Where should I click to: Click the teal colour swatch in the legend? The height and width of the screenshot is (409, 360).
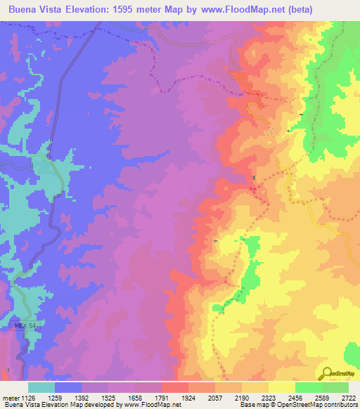coord(41,387)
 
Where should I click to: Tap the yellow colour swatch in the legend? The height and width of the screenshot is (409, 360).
coord(282,387)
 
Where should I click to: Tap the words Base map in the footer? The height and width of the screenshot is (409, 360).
coord(252,405)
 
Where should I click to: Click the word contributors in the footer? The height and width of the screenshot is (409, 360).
coord(340,405)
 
